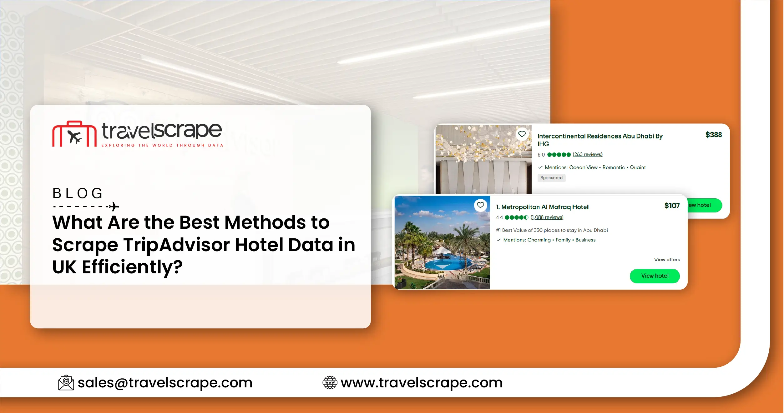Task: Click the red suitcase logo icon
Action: click(x=74, y=134)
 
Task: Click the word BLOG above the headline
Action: click(x=78, y=193)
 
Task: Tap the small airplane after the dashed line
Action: click(x=113, y=206)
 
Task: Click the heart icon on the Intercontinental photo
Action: click(x=522, y=134)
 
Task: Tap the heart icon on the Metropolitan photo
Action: click(x=480, y=205)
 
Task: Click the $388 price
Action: click(x=713, y=135)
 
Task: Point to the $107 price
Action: click(x=672, y=206)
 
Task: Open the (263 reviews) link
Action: click(x=587, y=154)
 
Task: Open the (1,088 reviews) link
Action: click(x=547, y=217)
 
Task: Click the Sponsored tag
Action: click(x=551, y=178)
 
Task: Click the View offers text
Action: click(x=667, y=260)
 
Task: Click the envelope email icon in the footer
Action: click(x=66, y=383)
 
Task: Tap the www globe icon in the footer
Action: click(x=330, y=383)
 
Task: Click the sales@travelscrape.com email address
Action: click(x=165, y=383)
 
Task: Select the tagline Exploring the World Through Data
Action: click(x=162, y=145)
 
